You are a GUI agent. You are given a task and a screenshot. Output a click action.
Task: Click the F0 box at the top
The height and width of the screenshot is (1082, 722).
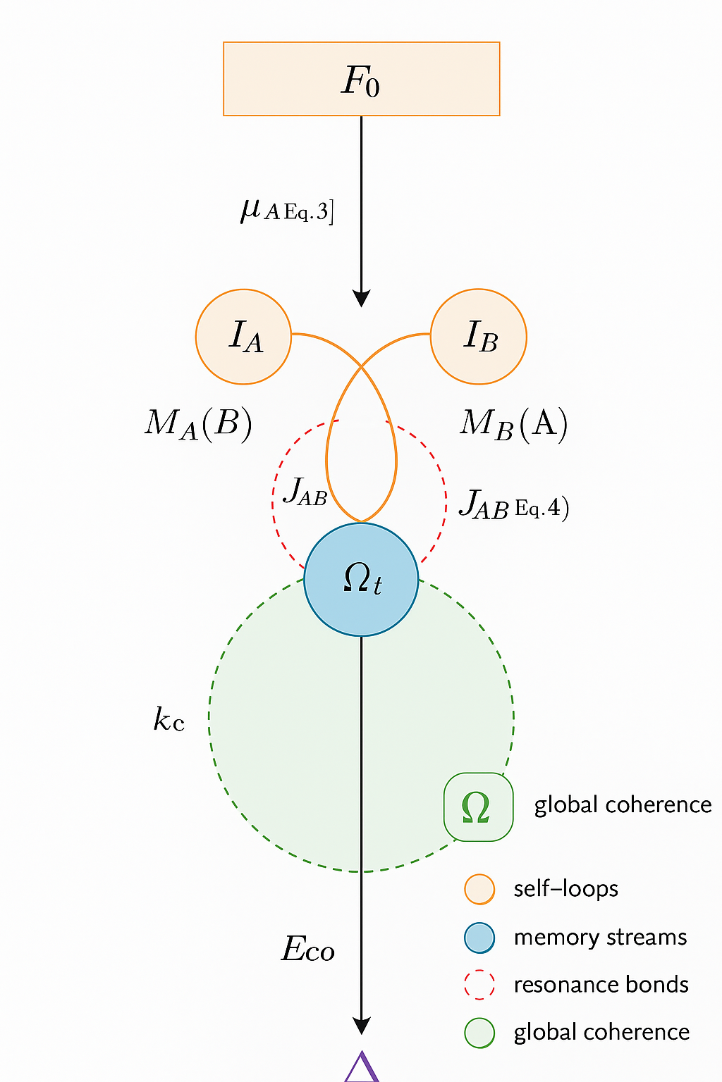click(361, 79)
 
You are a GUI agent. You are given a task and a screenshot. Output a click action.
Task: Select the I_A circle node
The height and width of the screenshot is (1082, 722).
click(243, 337)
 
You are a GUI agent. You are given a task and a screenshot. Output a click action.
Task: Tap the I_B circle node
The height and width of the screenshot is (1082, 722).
click(479, 337)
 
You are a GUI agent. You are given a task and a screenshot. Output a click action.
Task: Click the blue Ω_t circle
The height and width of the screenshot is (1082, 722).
click(361, 579)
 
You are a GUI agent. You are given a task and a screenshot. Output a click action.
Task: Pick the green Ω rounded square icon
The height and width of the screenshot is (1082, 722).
click(478, 807)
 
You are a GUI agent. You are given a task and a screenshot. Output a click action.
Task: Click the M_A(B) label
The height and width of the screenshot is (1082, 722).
click(198, 424)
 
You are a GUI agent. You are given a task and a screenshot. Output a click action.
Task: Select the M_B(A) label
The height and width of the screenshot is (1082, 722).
click(513, 424)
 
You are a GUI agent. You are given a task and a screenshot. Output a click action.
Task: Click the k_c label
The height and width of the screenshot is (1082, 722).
click(169, 720)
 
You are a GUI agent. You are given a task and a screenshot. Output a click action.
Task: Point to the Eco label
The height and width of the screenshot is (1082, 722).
click(308, 950)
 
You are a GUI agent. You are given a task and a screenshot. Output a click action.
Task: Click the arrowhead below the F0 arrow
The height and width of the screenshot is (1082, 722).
click(361, 299)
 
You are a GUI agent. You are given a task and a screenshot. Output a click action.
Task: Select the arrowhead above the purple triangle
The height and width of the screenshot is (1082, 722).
click(361, 1026)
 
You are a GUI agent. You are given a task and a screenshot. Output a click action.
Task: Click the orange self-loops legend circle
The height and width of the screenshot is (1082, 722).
click(479, 889)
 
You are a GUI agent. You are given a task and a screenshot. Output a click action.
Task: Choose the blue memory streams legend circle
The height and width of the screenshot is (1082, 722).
click(479, 938)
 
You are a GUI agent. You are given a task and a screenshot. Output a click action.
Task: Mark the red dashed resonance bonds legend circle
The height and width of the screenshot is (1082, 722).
click(479, 985)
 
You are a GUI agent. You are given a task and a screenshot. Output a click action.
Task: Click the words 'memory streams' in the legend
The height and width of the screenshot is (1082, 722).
click(600, 938)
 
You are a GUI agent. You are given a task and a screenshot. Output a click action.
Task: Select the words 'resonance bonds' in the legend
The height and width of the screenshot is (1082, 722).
click(601, 985)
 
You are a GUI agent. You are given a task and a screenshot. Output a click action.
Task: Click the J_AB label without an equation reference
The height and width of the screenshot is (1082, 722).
click(305, 492)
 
